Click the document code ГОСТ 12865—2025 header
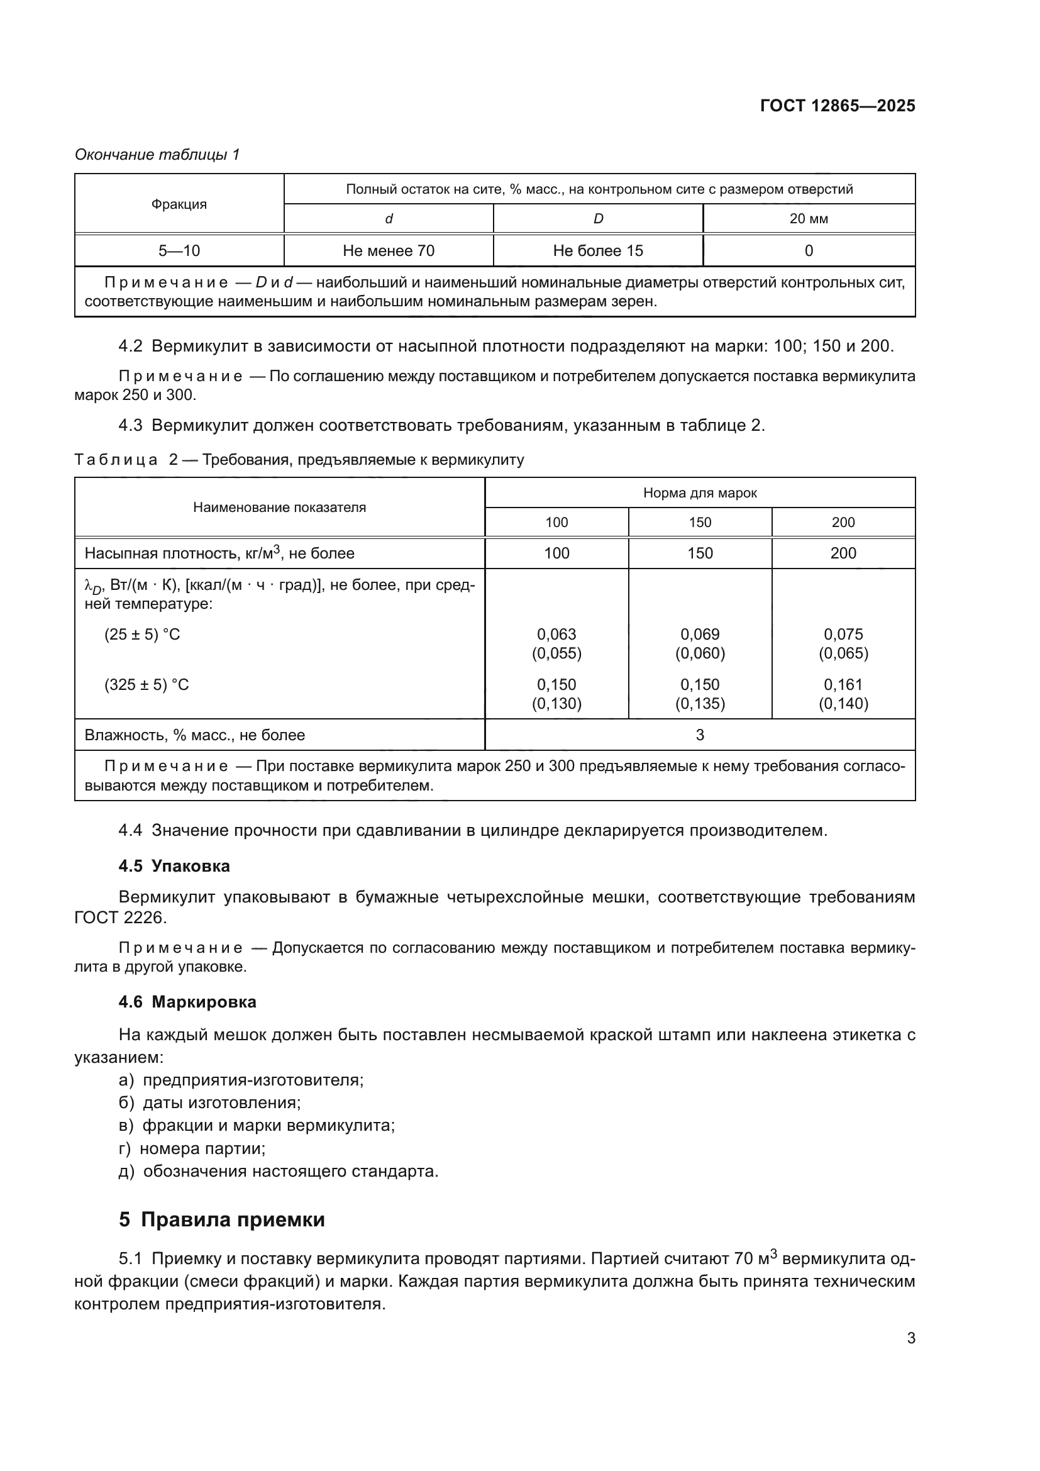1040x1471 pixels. point(837,106)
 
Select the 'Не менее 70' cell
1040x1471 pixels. point(388,250)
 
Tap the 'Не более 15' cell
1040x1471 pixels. point(597,250)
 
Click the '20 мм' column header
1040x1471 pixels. point(808,219)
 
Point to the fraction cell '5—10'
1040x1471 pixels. point(179,250)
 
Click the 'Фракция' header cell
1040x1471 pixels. point(179,204)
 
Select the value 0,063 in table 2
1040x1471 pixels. point(556,635)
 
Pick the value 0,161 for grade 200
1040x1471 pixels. point(843,684)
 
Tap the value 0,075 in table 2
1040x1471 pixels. point(843,635)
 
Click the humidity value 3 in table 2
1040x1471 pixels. point(699,735)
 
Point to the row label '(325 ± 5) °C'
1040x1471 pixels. point(147,685)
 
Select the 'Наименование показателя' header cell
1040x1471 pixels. point(279,508)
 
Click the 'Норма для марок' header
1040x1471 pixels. point(699,492)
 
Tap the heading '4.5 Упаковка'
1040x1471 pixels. point(174,866)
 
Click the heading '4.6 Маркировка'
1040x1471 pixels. point(187,1002)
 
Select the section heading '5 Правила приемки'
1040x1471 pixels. point(221,1219)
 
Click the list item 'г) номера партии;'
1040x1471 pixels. point(192,1149)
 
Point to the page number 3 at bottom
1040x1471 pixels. point(910,1338)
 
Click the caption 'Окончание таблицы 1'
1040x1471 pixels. point(157,155)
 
